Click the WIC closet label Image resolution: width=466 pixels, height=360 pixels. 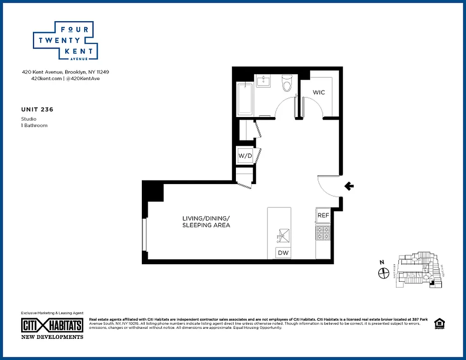319,92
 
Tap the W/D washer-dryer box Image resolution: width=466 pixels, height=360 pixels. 245,156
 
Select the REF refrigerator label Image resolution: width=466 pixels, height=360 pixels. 323,216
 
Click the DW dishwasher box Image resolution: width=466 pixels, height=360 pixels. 283,253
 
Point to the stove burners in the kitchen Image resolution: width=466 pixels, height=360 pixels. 323,233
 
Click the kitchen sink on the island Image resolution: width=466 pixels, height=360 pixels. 283,235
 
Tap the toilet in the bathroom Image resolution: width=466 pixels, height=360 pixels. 287,83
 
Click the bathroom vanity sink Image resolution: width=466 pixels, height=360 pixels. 263,81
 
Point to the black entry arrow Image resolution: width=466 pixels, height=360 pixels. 349,186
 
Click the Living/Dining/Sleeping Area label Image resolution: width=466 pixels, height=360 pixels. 206,221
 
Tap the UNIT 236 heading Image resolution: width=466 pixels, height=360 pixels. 34,109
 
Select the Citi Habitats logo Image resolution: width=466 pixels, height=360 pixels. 52,325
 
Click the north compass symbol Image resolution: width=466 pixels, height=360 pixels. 384,272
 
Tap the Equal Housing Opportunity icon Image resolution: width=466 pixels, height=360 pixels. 438,324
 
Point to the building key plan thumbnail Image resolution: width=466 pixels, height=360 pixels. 418,269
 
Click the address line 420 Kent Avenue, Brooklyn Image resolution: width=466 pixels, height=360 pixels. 66,72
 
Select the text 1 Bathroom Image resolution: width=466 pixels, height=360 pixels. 34,126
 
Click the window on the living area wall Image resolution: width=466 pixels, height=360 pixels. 144,235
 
